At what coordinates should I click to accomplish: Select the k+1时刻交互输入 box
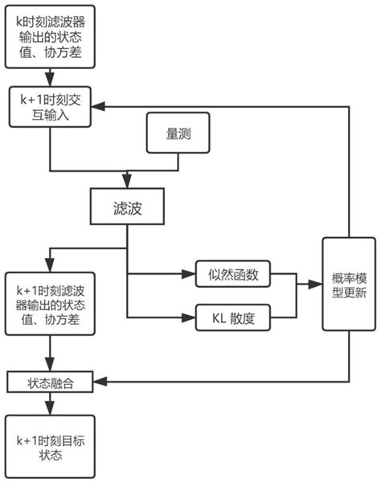point(51,106)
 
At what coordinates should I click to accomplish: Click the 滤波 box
point(127,207)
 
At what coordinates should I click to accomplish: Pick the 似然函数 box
point(232,274)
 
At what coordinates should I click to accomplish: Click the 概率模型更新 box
point(349,284)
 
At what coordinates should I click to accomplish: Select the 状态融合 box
point(51,379)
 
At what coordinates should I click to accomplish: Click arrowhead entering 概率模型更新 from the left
point(318,284)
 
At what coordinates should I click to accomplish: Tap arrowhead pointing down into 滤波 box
point(127,185)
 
